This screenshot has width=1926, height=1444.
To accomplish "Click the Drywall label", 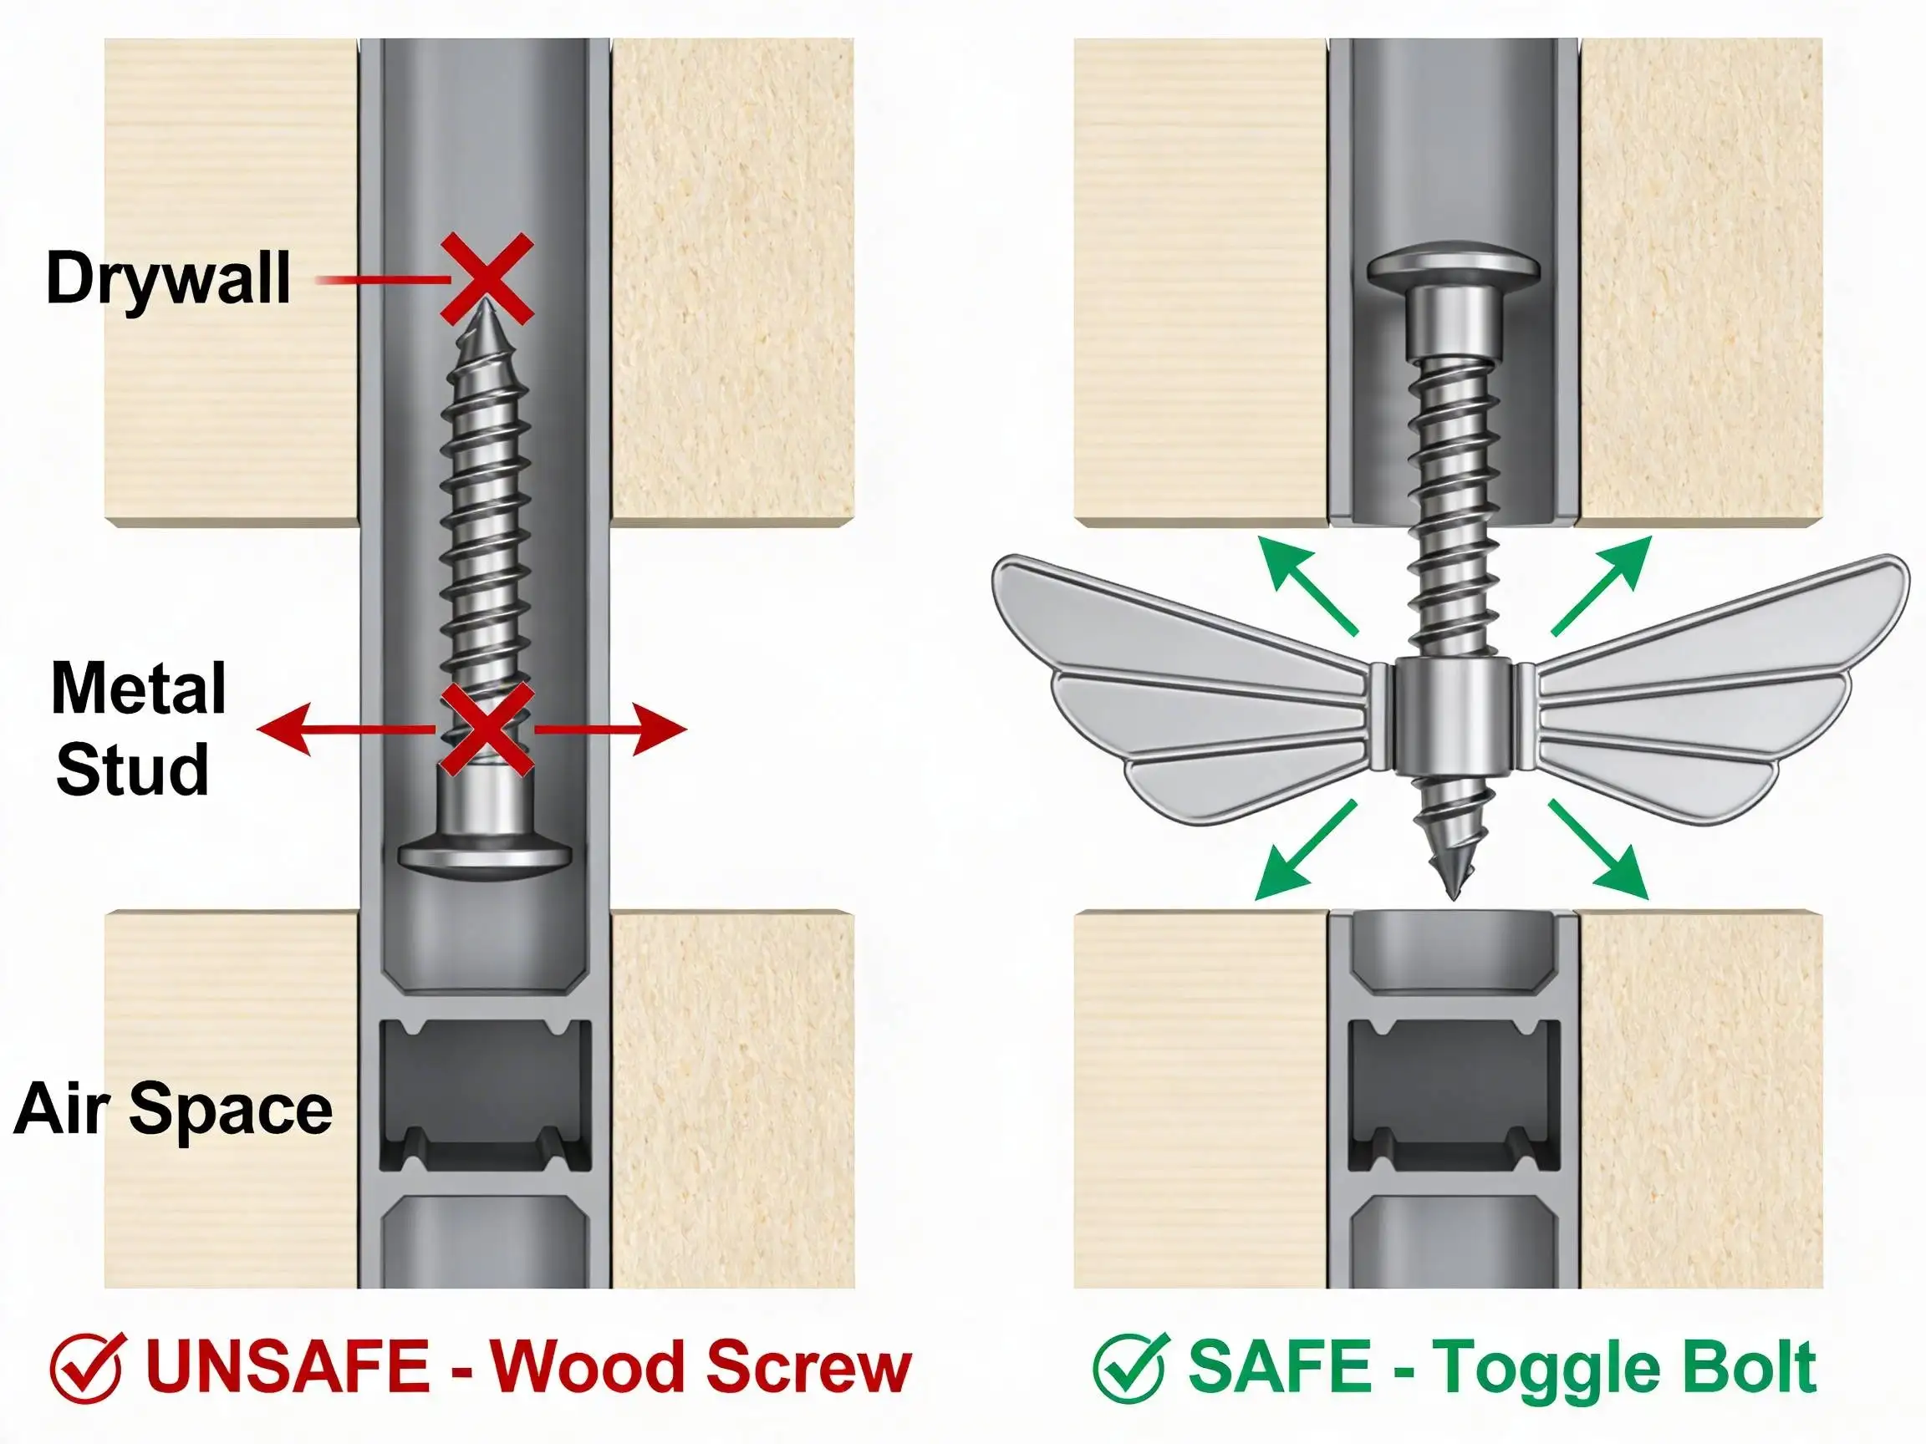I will point(168,278).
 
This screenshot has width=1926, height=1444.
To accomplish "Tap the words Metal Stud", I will point(138,730).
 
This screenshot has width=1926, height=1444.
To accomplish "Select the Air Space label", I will point(172,1110).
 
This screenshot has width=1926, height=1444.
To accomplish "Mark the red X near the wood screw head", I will point(486,730).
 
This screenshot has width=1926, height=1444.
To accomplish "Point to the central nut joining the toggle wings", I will point(1451,719).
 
